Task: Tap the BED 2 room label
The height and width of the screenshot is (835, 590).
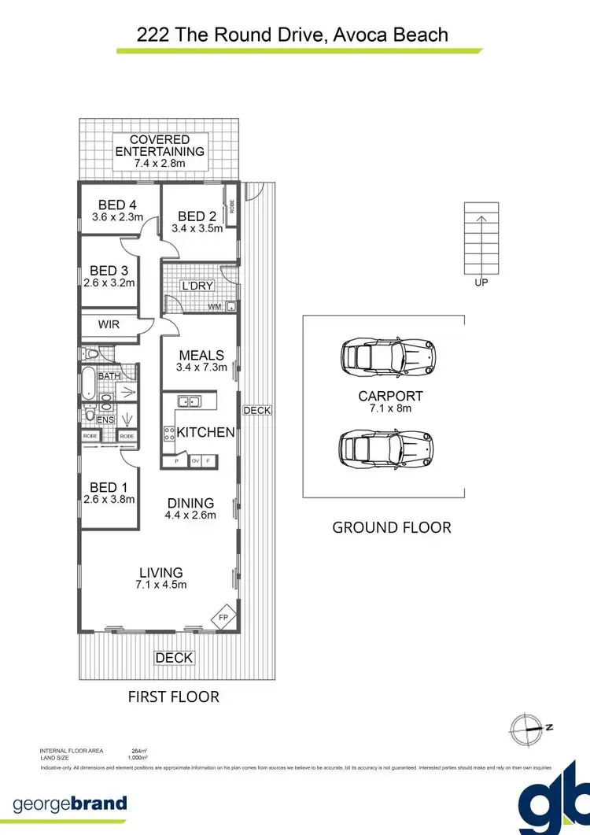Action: coord(197,216)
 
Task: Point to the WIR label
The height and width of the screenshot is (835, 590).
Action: coord(109,324)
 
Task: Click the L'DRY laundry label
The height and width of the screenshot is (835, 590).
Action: coord(197,286)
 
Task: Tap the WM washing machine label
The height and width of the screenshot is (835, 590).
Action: coord(214,307)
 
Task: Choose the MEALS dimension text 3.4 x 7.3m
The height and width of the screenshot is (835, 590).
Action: coord(201,367)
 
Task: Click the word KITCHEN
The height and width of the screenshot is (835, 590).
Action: coord(205,432)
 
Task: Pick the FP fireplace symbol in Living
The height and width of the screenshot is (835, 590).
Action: coord(223,618)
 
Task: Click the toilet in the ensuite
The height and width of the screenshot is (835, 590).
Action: coord(90,416)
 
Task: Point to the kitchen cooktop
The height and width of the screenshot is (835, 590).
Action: coord(168,432)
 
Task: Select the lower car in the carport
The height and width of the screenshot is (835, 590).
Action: coord(385,449)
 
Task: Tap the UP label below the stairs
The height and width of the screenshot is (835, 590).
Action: coord(481,283)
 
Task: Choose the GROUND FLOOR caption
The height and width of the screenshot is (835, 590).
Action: coord(392,527)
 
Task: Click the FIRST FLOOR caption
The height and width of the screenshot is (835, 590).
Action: coord(173,696)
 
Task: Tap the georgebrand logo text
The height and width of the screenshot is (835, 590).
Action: coord(70,804)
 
